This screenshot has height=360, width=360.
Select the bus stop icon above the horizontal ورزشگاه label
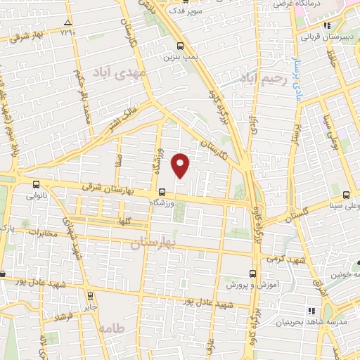(x=162, y=191)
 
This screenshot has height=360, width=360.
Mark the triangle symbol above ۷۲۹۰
(x=67, y=23)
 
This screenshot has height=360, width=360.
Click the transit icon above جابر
(x=90, y=296)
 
